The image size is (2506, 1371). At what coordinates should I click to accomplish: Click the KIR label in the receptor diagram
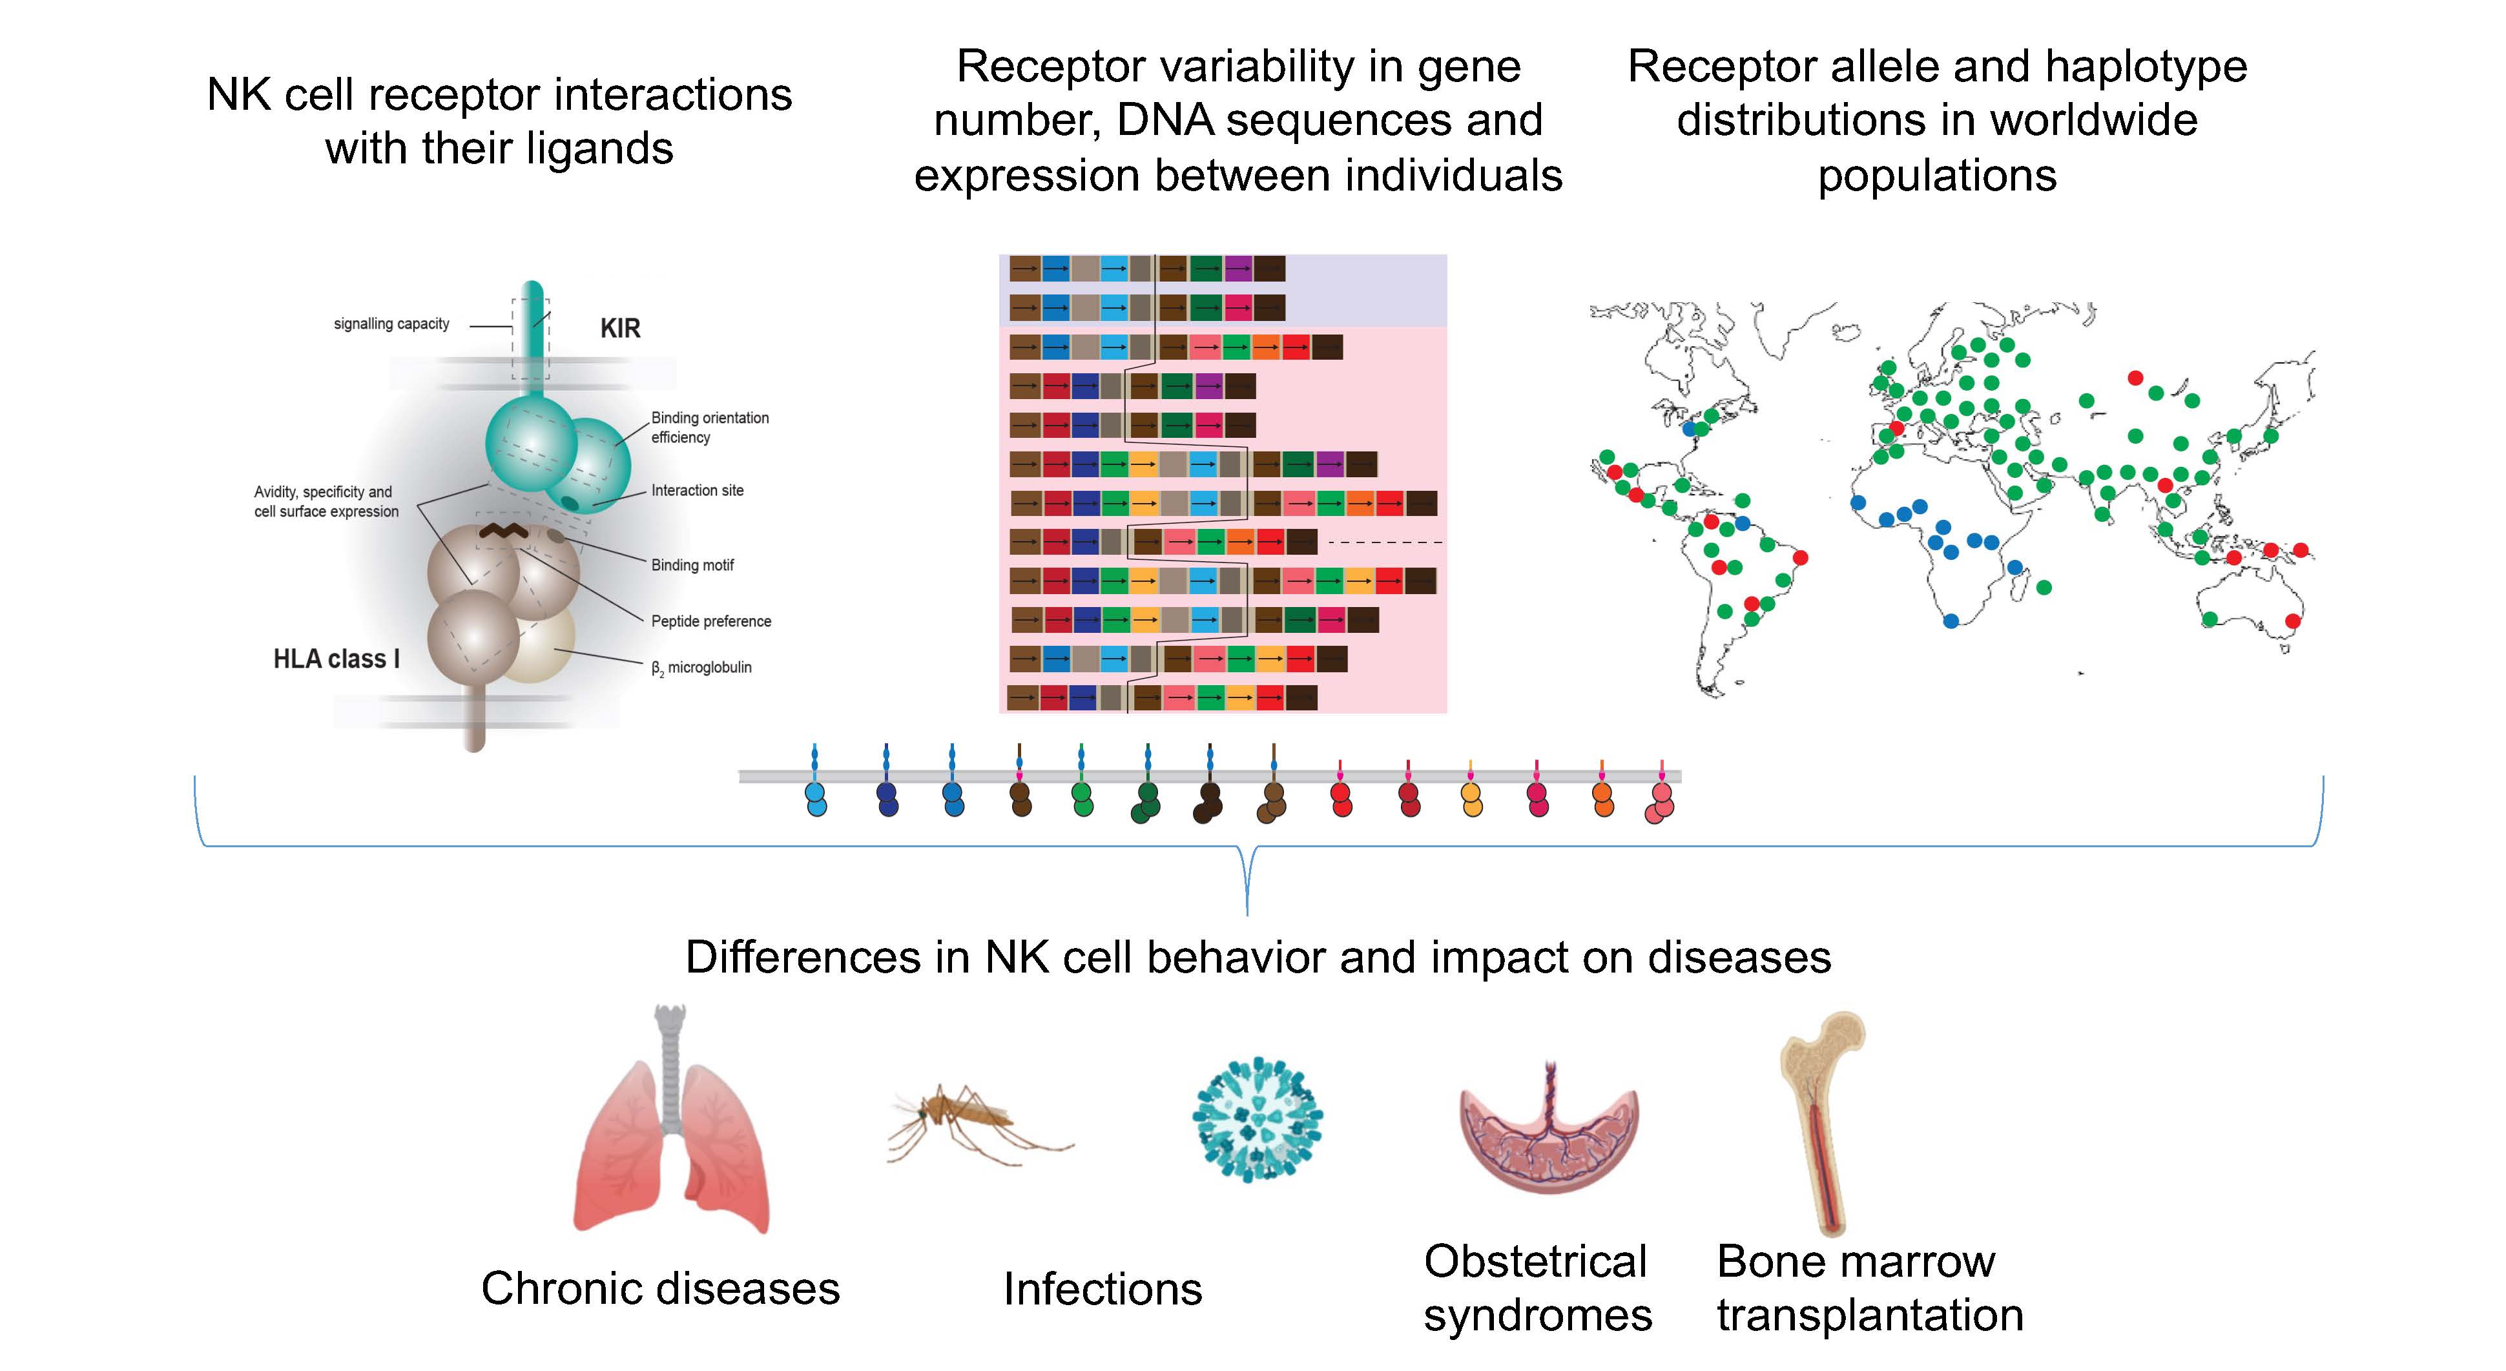click(619, 329)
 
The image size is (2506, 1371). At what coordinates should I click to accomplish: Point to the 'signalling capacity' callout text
click(391, 324)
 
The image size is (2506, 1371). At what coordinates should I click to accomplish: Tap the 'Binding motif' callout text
click(692, 565)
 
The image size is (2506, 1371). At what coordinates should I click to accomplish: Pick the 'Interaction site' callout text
click(696, 490)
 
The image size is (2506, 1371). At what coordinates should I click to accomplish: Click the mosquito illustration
click(973, 1124)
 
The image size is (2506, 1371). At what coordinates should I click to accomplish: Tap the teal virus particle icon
click(1257, 1119)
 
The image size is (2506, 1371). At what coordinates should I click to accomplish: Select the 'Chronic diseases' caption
click(659, 1288)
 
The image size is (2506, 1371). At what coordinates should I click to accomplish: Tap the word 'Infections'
click(1103, 1289)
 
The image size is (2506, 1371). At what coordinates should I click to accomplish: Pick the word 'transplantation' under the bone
click(1869, 1315)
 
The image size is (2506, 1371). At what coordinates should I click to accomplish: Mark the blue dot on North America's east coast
click(1690, 428)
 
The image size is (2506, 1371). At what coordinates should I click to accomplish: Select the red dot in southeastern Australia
click(2292, 621)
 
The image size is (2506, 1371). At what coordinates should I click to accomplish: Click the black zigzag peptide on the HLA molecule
click(503, 530)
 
